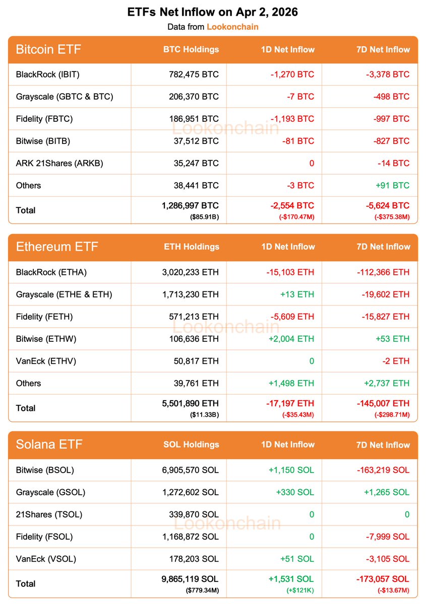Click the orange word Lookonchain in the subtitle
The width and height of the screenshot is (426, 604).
point(232,26)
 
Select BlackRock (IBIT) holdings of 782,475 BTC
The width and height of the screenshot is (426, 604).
point(194,74)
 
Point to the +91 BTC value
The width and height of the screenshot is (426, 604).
point(393,185)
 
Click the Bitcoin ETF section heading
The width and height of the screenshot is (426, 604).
point(48,49)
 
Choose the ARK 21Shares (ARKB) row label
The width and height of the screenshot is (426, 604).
point(59,163)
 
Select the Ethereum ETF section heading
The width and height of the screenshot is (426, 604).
point(57,247)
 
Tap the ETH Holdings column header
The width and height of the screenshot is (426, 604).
point(191,247)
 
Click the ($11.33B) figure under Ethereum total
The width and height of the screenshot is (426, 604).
point(204,415)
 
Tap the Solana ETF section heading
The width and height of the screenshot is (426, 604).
point(49,444)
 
